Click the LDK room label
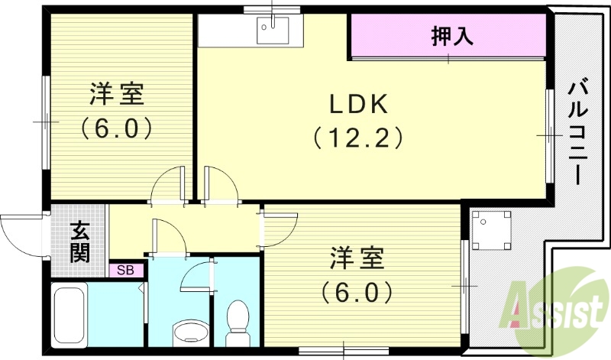[x=360, y=103]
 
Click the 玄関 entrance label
[x=79, y=242]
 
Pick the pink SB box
[x=125, y=270]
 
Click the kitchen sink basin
[x=272, y=32]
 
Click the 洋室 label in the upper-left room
[x=117, y=95]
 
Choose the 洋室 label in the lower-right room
[x=357, y=258]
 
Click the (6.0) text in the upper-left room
[x=116, y=127]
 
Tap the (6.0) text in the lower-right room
[x=357, y=291]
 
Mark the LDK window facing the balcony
[x=549, y=135]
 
